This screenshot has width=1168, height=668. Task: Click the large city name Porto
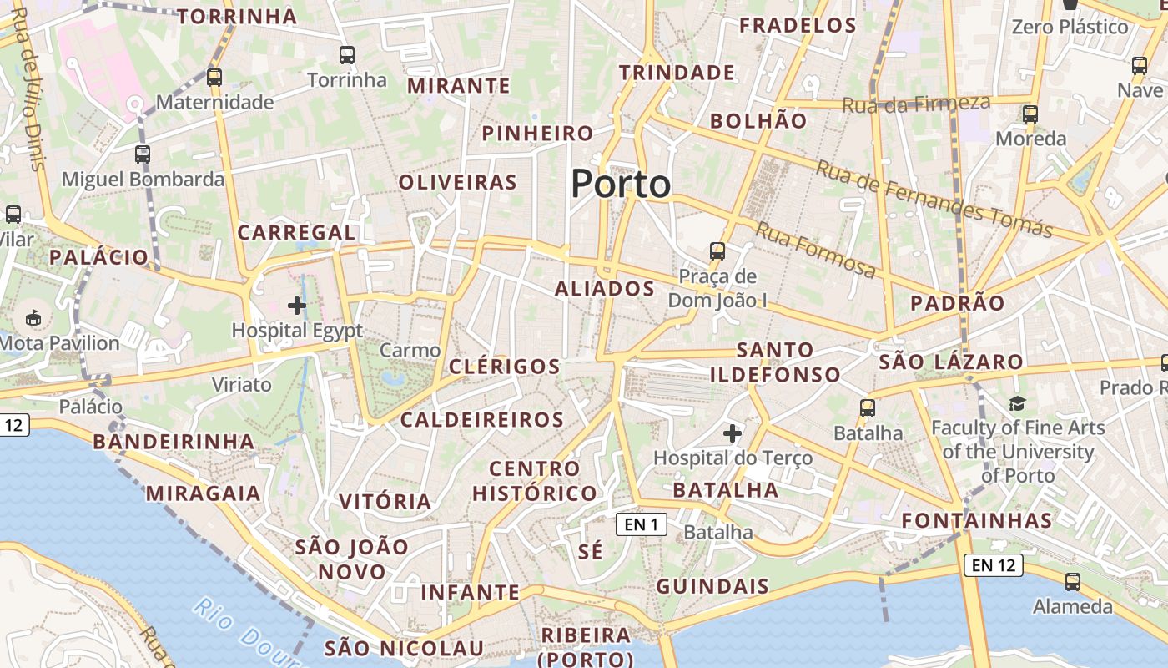621,185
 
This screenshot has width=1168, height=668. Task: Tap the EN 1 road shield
642,524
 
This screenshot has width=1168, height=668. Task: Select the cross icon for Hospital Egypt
297,306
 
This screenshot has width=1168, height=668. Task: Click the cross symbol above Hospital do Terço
733,433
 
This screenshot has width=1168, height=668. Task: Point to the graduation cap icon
1017,404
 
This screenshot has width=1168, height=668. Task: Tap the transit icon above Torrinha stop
347,56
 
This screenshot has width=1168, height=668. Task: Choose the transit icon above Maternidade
214,78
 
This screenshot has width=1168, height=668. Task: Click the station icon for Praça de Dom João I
717,250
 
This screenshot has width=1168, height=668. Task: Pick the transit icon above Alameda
1073,582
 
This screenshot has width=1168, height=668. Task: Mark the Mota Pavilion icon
34,318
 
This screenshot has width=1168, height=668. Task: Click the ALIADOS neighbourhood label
605,289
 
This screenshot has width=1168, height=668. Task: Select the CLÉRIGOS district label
504,367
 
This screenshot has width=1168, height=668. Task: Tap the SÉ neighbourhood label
590,552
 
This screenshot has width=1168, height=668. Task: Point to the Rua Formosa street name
816,250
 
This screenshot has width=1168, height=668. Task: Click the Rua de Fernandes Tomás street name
934,199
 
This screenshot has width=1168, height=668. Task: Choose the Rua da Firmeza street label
917,104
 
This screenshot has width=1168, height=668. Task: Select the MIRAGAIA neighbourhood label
204,493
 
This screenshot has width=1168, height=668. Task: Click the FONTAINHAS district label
977,521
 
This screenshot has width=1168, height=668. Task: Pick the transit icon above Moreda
1030,114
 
